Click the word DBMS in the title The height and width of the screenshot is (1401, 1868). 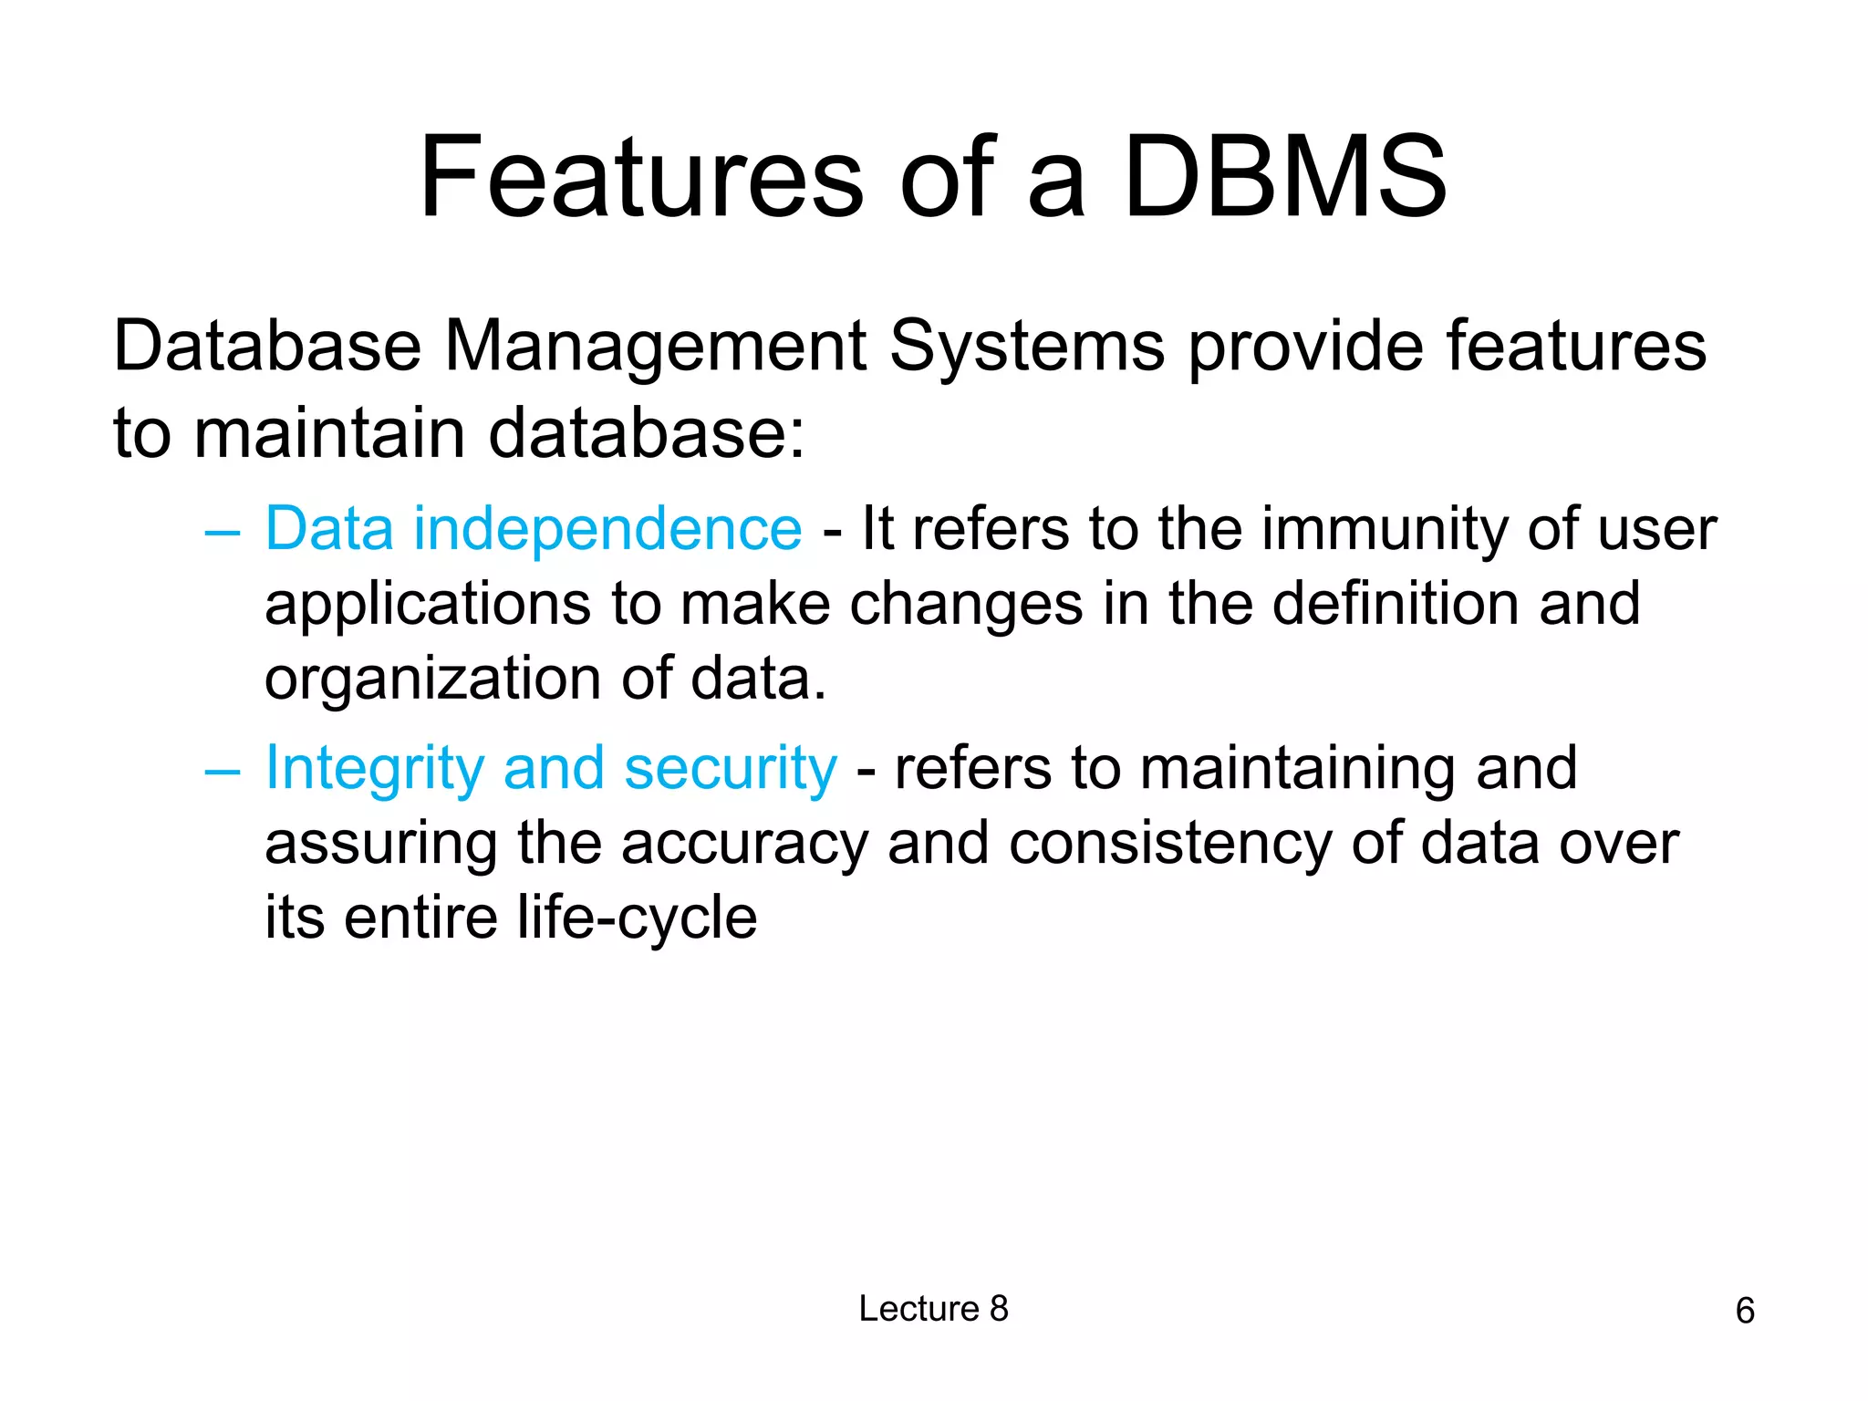(1284, 177)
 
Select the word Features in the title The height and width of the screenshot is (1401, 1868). (640, 177)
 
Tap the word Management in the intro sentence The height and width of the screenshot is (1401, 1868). (655, 348)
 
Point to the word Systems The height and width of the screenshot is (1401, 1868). (1027, 348)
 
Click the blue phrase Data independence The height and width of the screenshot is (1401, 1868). (534, 528)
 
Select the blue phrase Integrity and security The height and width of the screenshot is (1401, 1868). (551, 768)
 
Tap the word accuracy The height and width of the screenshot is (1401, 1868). (744, 845)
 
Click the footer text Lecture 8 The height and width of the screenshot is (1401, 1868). (933, 1309)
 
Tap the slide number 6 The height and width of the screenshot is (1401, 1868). (1745, 1311)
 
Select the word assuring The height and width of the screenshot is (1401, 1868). (380, 845)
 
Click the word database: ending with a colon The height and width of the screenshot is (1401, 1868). (647, 433)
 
